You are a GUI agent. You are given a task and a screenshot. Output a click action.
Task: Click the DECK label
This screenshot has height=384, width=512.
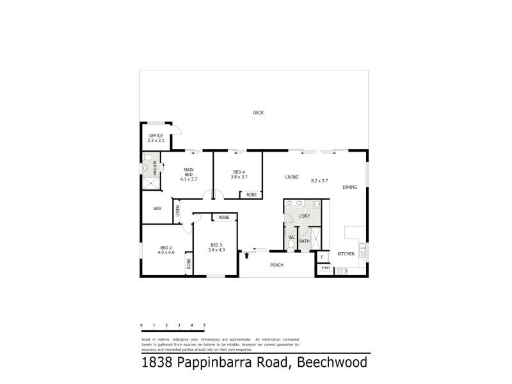coord(258,113)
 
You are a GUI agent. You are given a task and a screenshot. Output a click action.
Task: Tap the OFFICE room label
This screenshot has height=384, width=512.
coord(156,136)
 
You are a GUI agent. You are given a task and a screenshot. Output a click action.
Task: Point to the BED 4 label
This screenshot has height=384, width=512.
coord(239,172)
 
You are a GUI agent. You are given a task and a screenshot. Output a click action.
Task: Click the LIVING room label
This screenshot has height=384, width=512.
coord(292,177)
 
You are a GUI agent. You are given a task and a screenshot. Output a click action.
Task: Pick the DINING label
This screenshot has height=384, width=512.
coord(349,187)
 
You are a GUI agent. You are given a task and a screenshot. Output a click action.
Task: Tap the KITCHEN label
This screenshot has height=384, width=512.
coord(346,254)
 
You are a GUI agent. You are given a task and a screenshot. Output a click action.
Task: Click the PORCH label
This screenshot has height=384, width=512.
coord(276,265)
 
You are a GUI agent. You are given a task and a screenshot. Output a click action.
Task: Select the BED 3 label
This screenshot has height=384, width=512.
coord(216,245)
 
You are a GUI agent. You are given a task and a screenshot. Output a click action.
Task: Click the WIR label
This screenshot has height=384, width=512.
coord(157,209)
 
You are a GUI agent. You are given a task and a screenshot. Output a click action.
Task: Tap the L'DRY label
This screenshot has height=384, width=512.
coord(305,216)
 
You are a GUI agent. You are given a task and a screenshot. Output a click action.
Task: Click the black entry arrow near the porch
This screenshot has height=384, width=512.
coord(246,256)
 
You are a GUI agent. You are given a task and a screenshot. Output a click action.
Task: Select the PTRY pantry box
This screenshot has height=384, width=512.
coord(326,269)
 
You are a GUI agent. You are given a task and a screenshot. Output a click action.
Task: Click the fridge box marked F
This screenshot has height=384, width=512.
coord(322,257)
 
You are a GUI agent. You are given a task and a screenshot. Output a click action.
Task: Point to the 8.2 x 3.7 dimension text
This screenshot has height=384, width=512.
coord(319,181)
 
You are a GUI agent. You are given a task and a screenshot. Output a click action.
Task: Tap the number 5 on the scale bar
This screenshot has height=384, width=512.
coord(204,326)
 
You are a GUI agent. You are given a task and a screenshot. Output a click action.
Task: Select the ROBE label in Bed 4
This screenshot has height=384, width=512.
coord(251,194)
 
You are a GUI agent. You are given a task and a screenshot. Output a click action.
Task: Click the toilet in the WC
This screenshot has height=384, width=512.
coord(291,245)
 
